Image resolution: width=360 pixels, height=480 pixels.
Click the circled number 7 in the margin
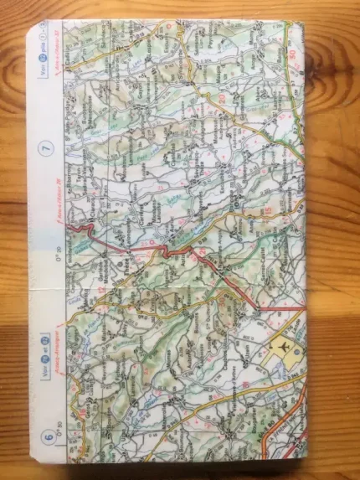(47, 148)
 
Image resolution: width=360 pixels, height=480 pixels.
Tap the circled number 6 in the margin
(48, 435)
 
